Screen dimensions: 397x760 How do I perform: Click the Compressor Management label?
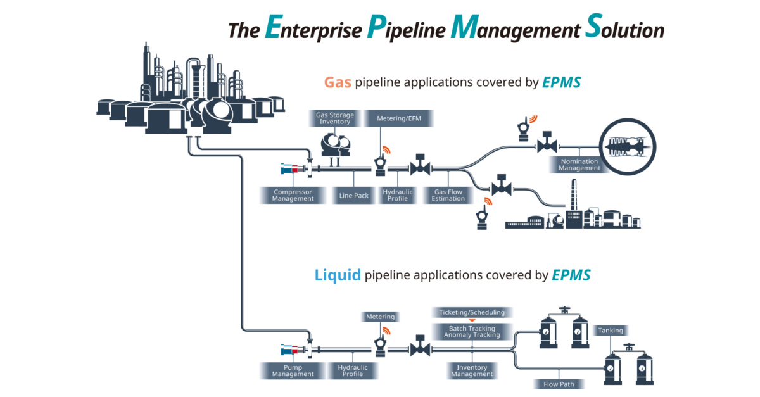point(293,196)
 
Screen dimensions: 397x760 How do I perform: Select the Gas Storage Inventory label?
point(335,118)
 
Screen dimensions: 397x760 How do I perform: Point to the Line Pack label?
point(353,196)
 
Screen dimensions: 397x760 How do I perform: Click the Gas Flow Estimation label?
point(449,196)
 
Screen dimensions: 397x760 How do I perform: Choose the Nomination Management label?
point(579,165)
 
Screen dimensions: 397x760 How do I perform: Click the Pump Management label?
point(293,370)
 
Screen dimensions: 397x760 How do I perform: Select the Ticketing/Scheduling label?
point(472,312)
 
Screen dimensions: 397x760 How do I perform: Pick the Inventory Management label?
point(472,371)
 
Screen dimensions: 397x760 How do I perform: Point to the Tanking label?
point(611,331)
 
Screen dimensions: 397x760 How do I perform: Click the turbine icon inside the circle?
point(626,146)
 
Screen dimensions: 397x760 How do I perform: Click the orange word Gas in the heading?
point(338,82)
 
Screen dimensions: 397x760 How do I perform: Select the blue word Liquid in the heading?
point(338,275)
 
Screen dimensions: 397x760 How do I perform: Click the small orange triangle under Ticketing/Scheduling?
point(472,321)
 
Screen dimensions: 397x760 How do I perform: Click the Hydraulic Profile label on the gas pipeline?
point(398,196)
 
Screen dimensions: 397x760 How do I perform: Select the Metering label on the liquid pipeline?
point(380,317)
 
